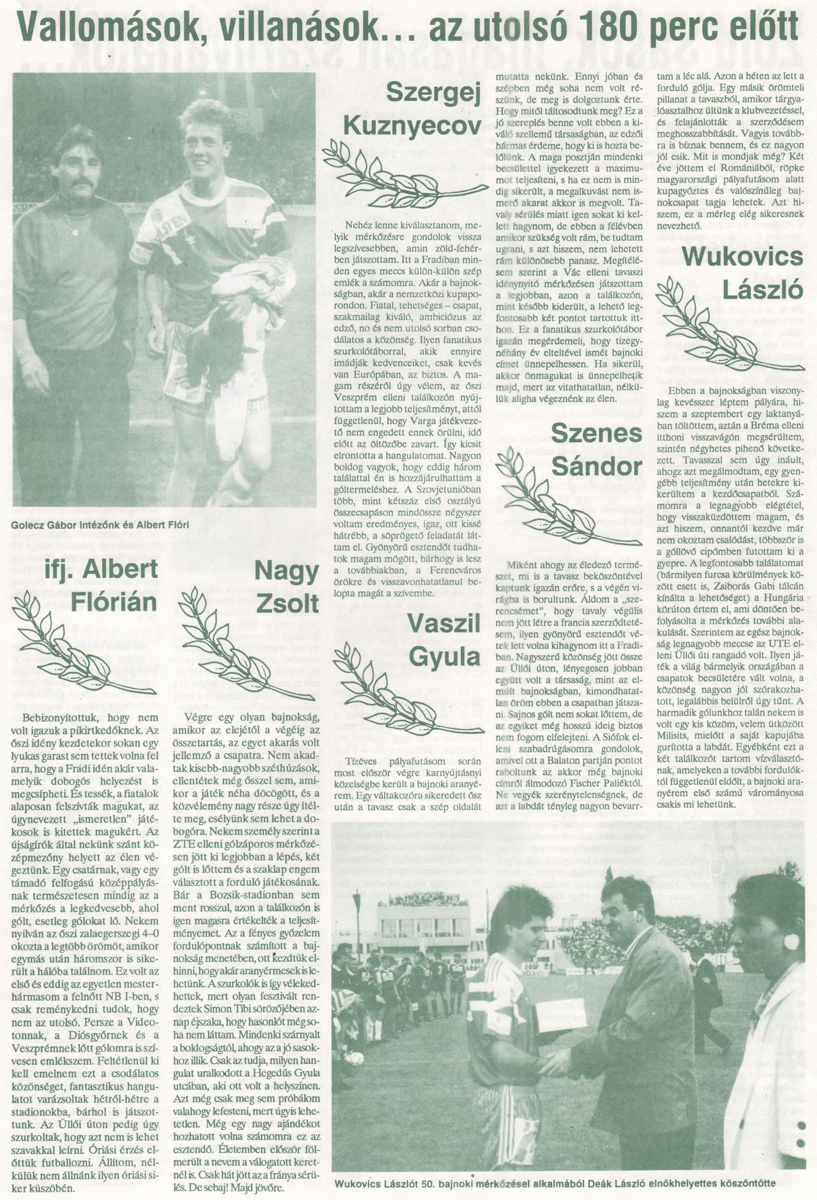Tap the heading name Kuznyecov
pyautogui.click(x=413, y=126)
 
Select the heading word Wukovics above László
pyautogui.click(x=742, y=257)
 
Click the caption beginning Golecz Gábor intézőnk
pyautogui.click(x=100, y=525)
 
